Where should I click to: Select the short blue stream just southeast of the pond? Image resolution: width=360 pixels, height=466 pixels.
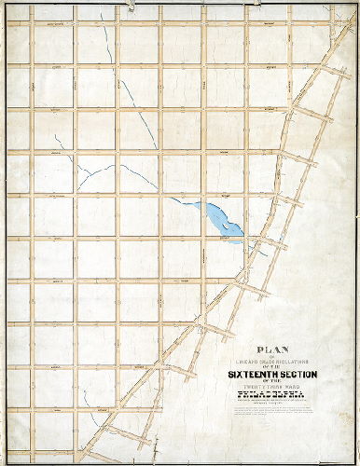tap(262, 249)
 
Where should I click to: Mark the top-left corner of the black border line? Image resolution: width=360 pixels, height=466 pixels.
tap(5, 5)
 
